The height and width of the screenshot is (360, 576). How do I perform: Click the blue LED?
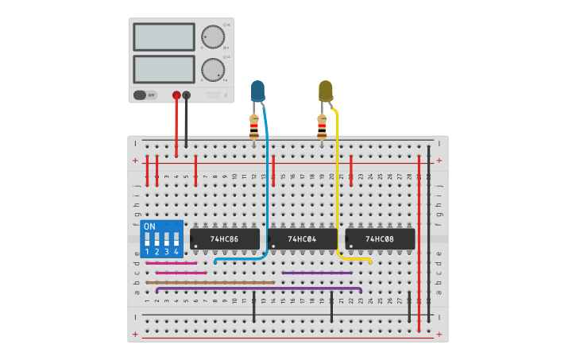[257, 91]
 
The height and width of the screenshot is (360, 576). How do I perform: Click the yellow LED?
[326, 91]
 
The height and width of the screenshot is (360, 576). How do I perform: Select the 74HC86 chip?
[226, 238]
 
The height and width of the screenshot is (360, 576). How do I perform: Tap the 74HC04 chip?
[302, 238]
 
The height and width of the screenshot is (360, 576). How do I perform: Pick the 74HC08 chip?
[380, 238]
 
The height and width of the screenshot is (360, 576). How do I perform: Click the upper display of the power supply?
[164, 37]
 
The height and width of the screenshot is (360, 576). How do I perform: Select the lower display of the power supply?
[164, 68]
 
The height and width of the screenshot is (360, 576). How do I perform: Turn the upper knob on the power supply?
[213, 37]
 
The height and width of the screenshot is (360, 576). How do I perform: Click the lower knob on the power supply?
[213, 69]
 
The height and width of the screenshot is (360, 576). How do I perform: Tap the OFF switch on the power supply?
[145, 95]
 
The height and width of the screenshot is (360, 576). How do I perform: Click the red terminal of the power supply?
[176, 95]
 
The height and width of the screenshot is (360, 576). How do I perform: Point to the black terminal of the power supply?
[187, 95]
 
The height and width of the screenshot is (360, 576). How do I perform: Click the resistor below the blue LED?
[254, 126]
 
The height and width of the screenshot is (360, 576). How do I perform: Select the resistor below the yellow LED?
[322, 126]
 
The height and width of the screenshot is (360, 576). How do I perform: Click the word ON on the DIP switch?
[149, 226]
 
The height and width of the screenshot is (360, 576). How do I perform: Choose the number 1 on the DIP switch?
[147, 251]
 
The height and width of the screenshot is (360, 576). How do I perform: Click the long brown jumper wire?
[210, 282]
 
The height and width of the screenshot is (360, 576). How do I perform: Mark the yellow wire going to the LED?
[337, 183]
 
